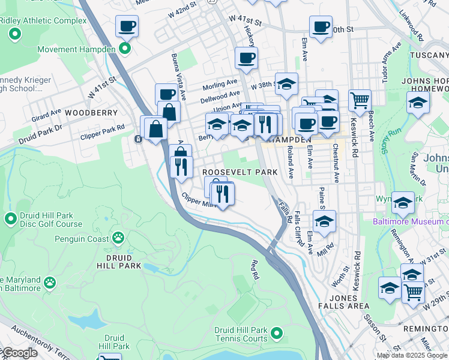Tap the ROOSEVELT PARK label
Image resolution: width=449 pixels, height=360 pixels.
point(240,172)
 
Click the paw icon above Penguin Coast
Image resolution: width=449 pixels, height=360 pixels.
point(118,238)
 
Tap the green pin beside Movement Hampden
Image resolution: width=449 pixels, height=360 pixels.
point(125,49)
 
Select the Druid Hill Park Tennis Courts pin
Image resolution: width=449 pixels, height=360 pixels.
point(276,332)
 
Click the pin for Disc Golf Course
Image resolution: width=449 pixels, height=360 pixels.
point(10,218)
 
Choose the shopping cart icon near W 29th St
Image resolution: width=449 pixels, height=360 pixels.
point(413,292)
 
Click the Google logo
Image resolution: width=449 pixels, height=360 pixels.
point(19,353)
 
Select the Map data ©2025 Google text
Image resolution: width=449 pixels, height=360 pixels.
point(412,355)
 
